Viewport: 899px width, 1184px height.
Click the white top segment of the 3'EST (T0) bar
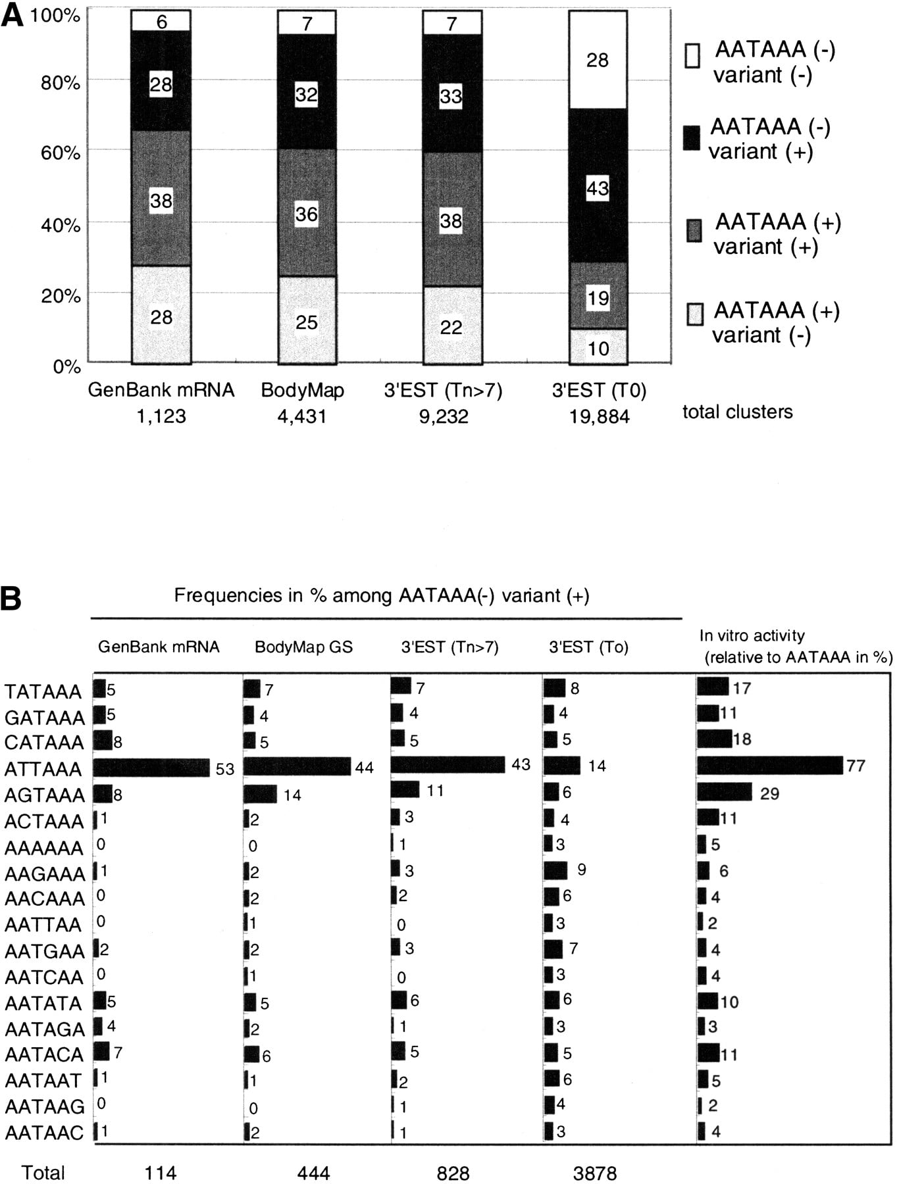tap(598, 60)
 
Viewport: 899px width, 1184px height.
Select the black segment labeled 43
tap(598, 186)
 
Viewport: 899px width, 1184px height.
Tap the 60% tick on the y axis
tap(65, 153)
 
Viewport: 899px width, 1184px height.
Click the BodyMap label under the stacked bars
tap(303, 391)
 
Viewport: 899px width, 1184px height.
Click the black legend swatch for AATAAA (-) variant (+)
tap(692, 138)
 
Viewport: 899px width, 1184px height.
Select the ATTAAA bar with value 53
tap(151, 768)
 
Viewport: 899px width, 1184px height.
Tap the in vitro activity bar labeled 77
tap(770, 766)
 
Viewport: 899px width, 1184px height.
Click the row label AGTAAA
tap(45, 795)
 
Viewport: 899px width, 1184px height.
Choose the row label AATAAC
tap(45, 1132)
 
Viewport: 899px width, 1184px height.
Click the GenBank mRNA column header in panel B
tap(159, 647)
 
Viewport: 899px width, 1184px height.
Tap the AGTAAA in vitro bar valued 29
tap(725, 792)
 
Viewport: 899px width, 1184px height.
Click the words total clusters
tap(738, 412)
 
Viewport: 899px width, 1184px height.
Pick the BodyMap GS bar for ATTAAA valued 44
tap(297, 767)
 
